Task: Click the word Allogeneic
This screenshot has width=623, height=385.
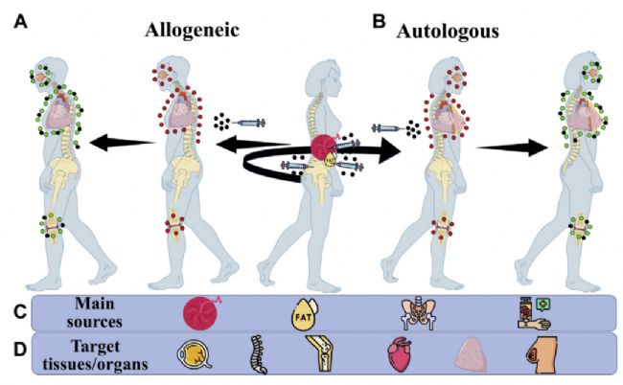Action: pos(192,30)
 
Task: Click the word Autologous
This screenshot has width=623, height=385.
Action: pos(448,32)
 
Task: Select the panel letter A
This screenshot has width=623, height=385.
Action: pos(21,21)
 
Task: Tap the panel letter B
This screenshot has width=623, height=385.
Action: pos(379,21)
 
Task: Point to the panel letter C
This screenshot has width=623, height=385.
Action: pos(20,313)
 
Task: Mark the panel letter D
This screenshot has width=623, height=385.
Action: pos(20,351)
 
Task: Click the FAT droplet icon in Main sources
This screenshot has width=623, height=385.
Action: pos(305,314)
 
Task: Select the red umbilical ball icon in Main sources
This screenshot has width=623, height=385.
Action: pos(201,313)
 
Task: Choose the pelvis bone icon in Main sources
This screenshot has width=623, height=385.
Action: pos(419,313)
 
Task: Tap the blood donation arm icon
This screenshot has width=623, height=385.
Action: pos(535,313)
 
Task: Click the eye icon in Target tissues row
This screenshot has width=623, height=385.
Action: pos(194,354)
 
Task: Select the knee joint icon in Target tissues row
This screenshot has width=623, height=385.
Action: pos(319,353)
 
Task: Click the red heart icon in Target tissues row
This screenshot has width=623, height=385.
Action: pos(399,354)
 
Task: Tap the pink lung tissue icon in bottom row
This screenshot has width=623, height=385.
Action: pos(472,354)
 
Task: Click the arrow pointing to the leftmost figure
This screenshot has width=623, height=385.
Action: pos(123,143)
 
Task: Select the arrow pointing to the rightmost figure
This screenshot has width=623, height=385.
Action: pos(513,147)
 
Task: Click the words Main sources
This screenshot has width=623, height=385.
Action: pos(94,313)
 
